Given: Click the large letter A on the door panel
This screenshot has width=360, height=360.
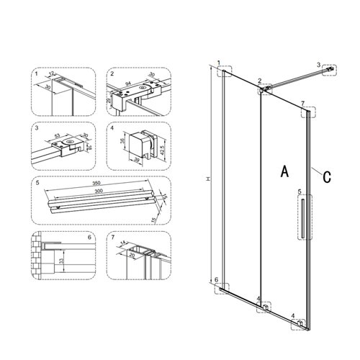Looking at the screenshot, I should click(284, 171).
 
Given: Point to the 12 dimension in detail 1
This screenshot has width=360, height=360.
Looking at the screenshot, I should click(54, 73).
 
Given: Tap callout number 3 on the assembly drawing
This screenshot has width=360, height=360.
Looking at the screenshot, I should click(319, 65).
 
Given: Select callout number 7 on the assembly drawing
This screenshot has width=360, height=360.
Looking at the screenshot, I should click(303, 103).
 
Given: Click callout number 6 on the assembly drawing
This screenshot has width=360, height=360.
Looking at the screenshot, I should click(216, 279).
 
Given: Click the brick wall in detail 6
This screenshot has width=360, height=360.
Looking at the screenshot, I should click(37, 256).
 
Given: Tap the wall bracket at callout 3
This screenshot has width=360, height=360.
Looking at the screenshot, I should click(331, 71).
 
